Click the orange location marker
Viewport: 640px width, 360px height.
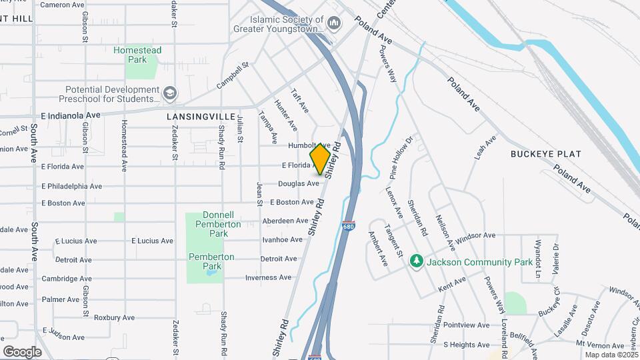(x=321, y=159)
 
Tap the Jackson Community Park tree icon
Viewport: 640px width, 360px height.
(x=417, y=260)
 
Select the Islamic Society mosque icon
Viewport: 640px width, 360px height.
(x=334, y=25)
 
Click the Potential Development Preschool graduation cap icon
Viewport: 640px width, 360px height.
(x=170, y=94)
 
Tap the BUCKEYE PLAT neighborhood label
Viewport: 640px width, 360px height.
(x=546, y=154)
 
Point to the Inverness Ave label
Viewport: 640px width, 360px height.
(x=268, y=278)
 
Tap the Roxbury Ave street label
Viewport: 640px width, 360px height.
(x=114, y=318)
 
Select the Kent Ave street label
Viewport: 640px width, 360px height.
(x=451, y=289)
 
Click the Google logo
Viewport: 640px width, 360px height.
(x=22, y=352)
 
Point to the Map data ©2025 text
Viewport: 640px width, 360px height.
(x=610, y=355)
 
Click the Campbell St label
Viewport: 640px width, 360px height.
(x=233, y=76)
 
